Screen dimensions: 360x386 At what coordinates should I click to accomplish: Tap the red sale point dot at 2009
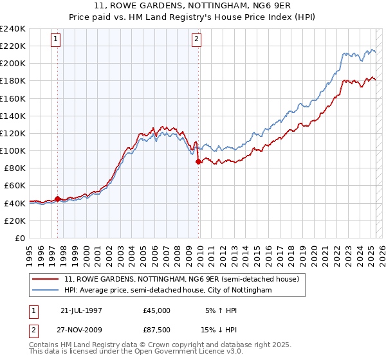198,162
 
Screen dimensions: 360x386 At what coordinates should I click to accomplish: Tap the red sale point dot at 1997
58,199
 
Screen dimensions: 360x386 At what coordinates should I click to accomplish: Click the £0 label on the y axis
19,238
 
